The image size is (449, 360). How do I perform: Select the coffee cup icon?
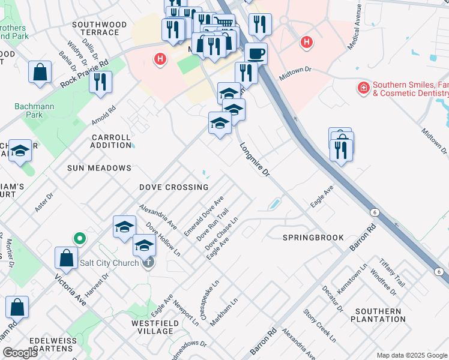[x=256, y=53]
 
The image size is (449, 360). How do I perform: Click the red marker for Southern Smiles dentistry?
[x=363, y=89]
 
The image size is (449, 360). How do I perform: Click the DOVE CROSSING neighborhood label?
[x=173, y=187]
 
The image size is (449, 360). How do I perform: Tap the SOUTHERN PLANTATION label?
[x=378, y=315]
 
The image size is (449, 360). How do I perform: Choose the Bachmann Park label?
[x=29, y=111]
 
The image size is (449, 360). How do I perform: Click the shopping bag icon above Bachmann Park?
[x=39, y=73]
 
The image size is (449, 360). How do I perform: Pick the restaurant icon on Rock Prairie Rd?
[x=100, y=82]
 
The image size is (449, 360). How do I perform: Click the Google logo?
[x=20, y=353]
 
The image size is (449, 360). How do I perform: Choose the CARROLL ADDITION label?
[x=111, y=141]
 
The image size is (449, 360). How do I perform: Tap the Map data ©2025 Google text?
[x=412, y=355]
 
